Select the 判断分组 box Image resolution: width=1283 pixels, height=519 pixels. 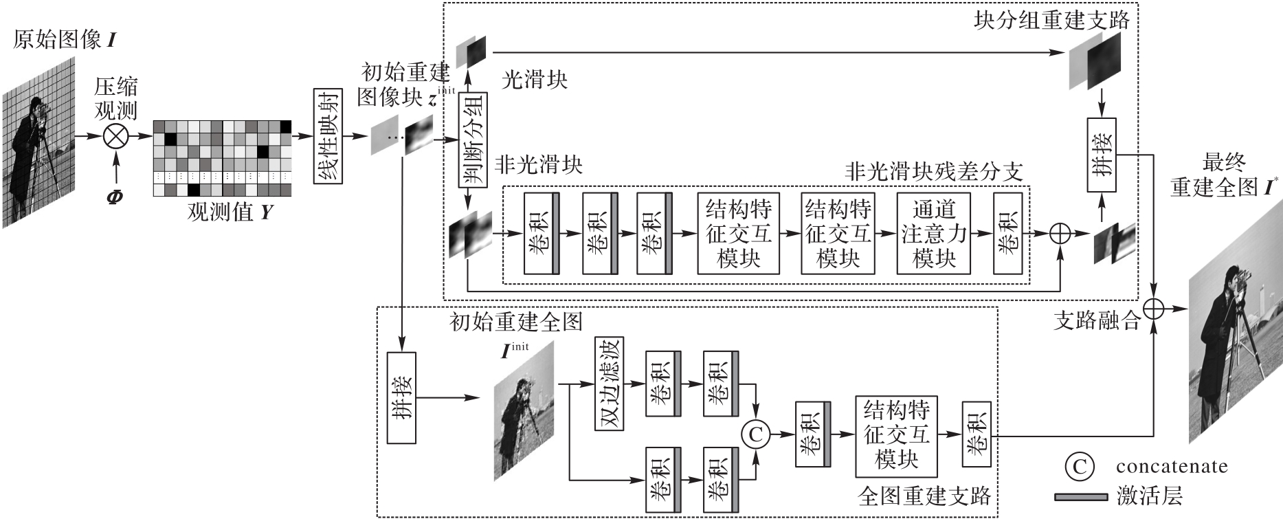click(x=473, y=140)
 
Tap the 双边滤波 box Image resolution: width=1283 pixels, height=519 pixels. click(x=609, y=384)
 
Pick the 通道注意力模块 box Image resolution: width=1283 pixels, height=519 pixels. click(x=935, y=234)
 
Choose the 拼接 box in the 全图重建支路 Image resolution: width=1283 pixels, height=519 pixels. click(x=401, y=399)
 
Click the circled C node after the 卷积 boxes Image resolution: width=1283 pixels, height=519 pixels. click(x=756, y=434)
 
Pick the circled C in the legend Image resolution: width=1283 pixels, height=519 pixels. click(x=1079, y=467)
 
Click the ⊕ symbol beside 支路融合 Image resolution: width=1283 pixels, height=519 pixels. click(x=1153, y=309)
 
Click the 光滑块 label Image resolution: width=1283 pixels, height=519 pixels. click(x=535, y=80)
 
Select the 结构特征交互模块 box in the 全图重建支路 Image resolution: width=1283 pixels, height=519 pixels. click(x=897, y=435)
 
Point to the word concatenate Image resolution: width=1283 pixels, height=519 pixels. click(x=1171, y=467)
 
